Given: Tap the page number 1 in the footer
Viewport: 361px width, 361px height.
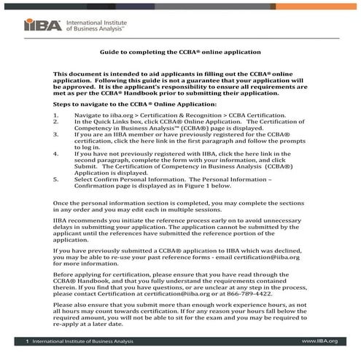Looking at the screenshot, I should coord(27,341).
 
